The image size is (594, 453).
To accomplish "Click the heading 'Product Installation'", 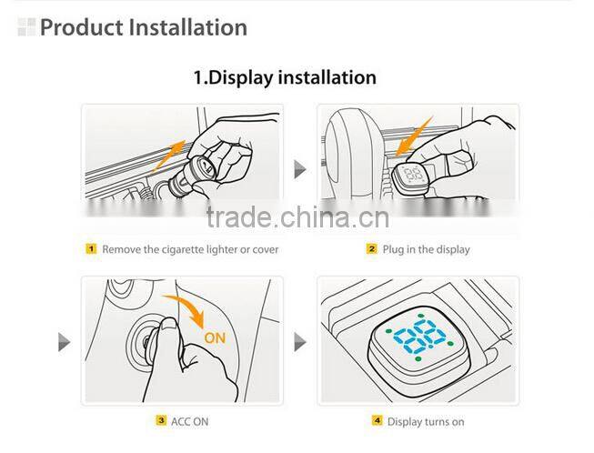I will coord(143,27).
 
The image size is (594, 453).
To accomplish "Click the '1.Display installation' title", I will coord(284,77).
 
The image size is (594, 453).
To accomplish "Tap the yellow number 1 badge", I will coord(91,248).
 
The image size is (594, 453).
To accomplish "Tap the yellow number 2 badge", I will coord(371,248).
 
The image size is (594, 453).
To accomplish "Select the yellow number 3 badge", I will coord(160,421).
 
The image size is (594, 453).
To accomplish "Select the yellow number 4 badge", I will coord(377,421).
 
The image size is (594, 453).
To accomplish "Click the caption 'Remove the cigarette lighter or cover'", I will coord(189,248).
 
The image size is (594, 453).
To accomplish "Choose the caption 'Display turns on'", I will coord(426,421).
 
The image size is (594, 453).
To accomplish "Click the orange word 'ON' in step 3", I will coord(215,337).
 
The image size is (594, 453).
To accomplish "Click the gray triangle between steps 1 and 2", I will coord(298,169).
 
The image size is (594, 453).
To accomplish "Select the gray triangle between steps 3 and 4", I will coord(298,342).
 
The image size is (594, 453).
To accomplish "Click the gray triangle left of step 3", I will coord(64,342).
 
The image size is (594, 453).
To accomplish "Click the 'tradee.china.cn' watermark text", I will coord(297,217).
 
